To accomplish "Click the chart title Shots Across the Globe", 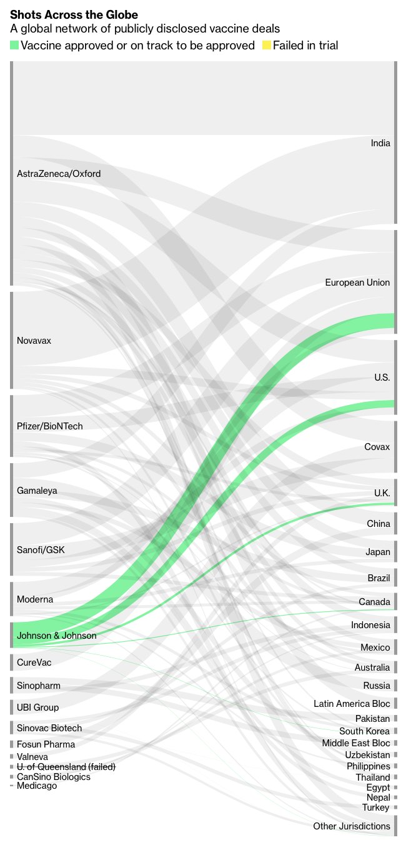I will pyautogui.click(x=74, y=14).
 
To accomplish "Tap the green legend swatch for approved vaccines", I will pyautogui.click(x=14, y=45).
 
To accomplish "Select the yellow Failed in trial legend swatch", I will pyautogui.click(x=267, y=45).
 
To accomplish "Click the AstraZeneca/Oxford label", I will pyautogui.click(x=59, y=174).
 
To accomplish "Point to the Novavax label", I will pyautogui.click(x=34, y=341).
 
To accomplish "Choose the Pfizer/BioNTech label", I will pyautogui.click(x=50, y=426).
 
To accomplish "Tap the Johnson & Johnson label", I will pyautogui.click(x=57, y=636).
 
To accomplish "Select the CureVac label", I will pyautogui.click(x=34, y=662).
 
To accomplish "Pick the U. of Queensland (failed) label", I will pyautogui.click(x=66, y=767).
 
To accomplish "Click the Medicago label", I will pyautogui.click(x=37, y=786).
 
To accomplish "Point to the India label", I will pyautogui.click(x=380, y=144).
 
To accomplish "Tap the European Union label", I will pyautogui.click(x=357, y=283).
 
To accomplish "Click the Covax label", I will pyautogui.click(x=377, y=447).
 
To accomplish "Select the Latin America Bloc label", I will pyautogui.click(x=352, y=704).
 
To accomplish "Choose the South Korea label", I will pyautogui.click(x=364, y=731).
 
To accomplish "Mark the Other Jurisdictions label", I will pyautogui.click(x=352, y=826).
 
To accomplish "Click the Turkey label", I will pyautogui.click(x=376, y=807).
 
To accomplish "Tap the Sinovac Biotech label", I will pyautogui.click(x=49, y=728).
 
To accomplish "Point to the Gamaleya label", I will pyautogui.click(x=37, y=491).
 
